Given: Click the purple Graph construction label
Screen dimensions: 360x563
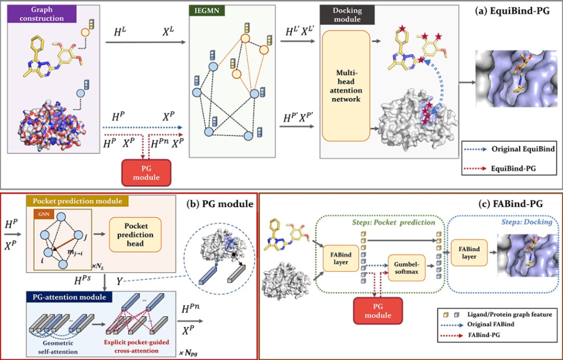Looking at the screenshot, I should click(39, 14).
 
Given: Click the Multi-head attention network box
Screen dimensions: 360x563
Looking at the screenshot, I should click(347, 85).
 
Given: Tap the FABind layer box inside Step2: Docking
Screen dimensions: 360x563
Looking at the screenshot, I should click(470, 253).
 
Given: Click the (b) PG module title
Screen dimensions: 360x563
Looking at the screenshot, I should click(219, 204).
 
